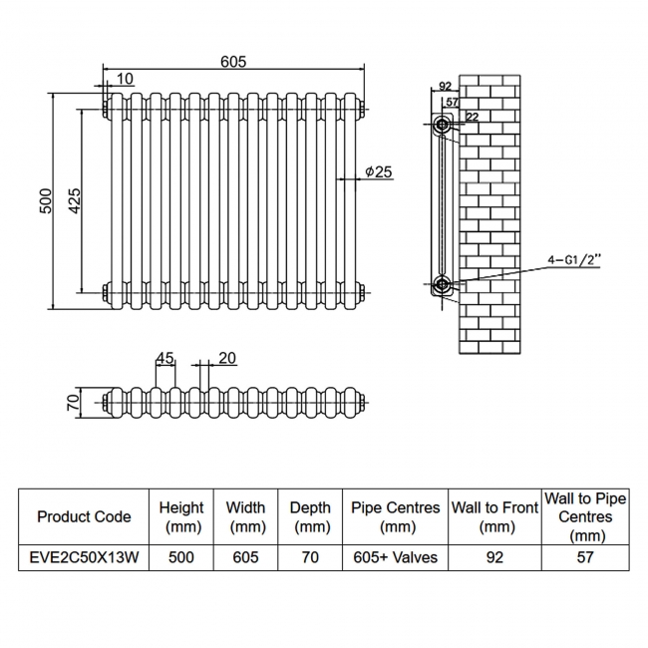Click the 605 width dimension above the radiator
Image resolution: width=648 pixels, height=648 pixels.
point(232,62)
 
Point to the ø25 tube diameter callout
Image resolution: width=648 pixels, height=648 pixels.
point(379,172)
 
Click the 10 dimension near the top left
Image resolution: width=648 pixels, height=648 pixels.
point(125,79)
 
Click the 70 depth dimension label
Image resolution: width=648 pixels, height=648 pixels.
point(72,403)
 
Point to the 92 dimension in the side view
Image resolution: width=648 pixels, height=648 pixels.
point(445,87)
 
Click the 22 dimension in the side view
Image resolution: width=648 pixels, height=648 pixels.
point(471,117)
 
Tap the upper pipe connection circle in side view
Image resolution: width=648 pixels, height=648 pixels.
point(443,126)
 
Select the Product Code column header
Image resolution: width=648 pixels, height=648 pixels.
point(84,516)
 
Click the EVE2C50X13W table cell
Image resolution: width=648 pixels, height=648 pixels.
point(84,557)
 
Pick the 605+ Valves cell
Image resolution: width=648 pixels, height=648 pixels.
point(396,557)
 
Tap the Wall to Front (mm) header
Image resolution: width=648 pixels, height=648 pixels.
point(494,516)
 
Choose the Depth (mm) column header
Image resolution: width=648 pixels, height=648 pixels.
point(310,516)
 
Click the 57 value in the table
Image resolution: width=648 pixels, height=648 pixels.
point(585,557)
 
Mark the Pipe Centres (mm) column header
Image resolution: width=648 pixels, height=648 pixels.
point(396,516)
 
